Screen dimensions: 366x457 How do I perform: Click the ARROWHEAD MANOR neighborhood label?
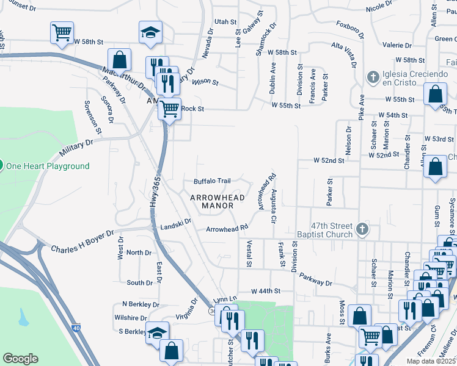217,202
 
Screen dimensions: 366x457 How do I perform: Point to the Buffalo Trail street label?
212,181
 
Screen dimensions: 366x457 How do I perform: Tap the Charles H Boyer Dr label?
82,242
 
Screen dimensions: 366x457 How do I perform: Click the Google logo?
21,359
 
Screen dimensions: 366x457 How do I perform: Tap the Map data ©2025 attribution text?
431,361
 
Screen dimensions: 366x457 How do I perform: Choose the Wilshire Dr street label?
130,318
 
